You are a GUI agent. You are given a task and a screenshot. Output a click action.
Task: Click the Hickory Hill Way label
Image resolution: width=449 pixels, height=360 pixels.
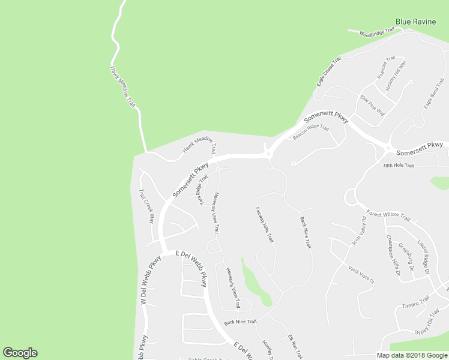(397, 75)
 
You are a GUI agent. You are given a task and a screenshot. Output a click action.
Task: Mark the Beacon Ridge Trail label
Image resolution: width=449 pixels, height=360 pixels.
(311, 131)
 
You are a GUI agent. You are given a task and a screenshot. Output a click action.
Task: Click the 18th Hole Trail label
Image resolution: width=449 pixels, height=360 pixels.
(399, 166)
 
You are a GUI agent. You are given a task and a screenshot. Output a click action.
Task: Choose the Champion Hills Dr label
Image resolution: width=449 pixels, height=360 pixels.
(393, 254)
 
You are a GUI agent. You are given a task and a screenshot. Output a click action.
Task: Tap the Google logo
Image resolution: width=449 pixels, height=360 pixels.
(20, 353)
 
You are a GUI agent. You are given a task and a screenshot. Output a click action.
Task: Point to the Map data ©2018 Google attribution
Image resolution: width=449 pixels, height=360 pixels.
(411, 355)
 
